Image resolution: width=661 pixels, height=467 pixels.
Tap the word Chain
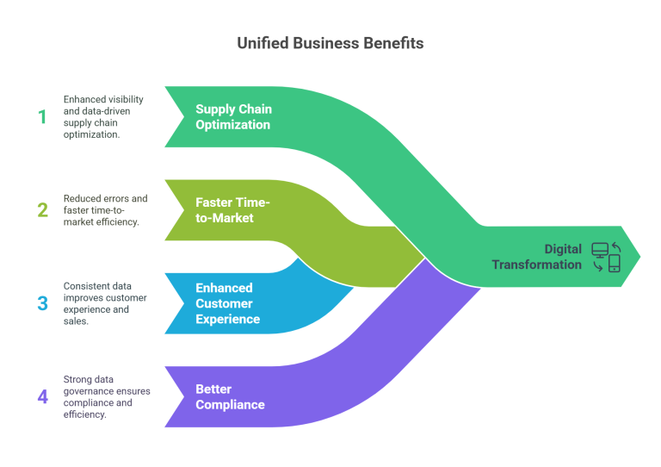[255, 109]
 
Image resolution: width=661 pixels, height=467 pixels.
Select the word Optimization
[232, 125]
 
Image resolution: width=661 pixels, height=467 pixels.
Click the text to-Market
[225, 218]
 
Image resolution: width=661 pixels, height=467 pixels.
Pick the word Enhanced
[224, 288]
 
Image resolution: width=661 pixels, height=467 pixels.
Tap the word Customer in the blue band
[224, 303]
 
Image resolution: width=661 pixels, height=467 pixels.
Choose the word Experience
[227, 319]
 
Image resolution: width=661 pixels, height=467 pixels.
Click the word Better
[213, 389]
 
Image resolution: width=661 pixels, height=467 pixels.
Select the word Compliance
[230, 405]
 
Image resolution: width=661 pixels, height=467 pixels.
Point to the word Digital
[563, 249]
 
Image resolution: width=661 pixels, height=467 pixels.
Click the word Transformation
[537, 265]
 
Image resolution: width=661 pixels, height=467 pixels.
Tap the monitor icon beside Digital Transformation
[600, 251]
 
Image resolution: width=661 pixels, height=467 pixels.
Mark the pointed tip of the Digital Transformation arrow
[640, 256]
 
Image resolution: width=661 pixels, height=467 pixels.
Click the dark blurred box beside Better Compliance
[114, 401]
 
